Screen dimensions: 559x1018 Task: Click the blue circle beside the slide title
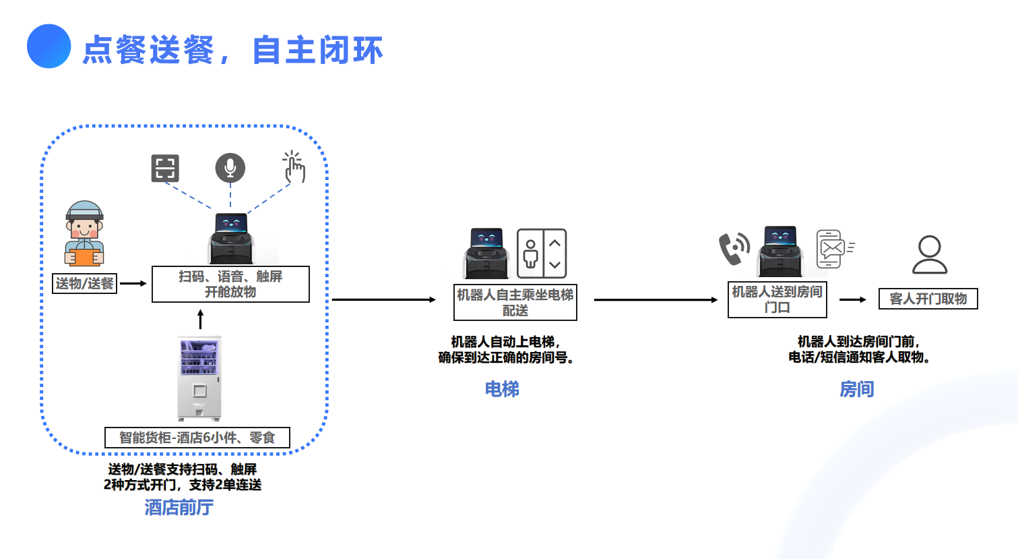point(49,47)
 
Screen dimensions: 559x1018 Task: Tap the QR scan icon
point(165,168)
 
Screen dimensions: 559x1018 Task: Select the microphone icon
point(230,168)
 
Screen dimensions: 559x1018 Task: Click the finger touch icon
point(294,167)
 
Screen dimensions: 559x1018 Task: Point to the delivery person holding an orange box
point(84,234)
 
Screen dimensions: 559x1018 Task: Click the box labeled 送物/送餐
point(85,283)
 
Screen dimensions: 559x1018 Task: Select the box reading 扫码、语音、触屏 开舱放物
point(230,284)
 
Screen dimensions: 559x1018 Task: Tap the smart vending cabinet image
point(199,378)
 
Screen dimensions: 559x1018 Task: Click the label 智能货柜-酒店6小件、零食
point(197,438)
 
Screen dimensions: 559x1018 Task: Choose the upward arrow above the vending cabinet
point(200,319)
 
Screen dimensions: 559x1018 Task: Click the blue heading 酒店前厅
point(179,507)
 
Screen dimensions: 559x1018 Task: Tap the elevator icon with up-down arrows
point(542,254)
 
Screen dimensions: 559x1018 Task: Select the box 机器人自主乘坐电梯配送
point(515,302)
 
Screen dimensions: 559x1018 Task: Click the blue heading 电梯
point(502,389)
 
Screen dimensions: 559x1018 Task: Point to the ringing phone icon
point(734,248)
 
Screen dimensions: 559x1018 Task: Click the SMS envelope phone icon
point(834,249)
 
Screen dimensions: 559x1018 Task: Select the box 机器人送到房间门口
point(777,299)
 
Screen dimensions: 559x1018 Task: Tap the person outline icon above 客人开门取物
point(930,254)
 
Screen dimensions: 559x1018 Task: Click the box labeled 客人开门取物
point(928,299)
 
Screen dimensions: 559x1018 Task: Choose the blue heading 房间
point(856,389)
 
